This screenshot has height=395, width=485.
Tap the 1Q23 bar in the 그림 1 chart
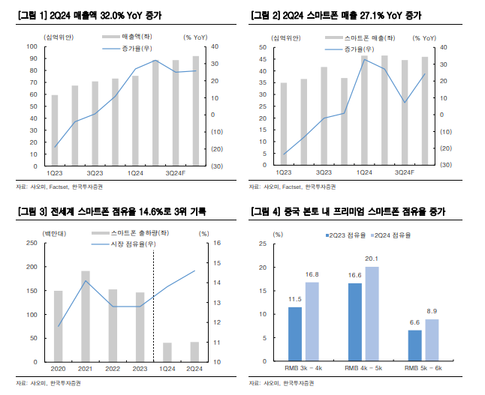tap(55, 130)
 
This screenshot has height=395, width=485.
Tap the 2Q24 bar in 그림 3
tap(194, 352)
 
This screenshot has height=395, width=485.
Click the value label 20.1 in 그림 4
tap(371, 259)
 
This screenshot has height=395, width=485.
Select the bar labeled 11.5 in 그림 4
tap(296, 334)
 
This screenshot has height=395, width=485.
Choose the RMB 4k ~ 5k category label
tap(363, 369)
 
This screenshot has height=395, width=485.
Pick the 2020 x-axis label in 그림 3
tap(58, 369)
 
